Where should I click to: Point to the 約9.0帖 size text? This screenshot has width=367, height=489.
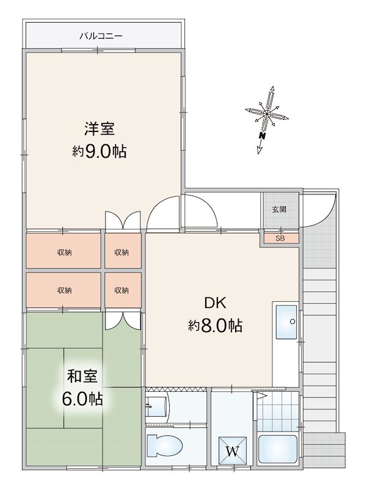(x=100, y=152)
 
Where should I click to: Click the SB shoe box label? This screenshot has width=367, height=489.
(x=280, y=238)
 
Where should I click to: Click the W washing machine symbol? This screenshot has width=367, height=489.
(x=233, y=451)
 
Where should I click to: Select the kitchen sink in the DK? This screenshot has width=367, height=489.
(x=286, y=320)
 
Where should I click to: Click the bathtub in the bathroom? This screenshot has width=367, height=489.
(x=277, y=449)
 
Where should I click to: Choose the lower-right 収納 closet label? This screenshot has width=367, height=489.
(x=122, y=290)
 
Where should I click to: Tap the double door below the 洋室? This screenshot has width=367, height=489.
(x=122, y=221)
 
